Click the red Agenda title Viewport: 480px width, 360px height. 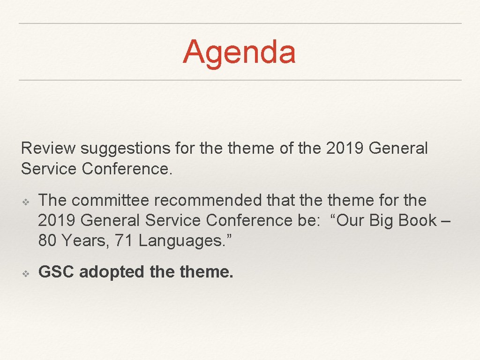click(x=239, y=52)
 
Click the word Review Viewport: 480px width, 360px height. click(x=48, y=149)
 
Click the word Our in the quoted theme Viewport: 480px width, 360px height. click(x=348, y=220)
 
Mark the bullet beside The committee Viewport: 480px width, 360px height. click(x=27, y=201)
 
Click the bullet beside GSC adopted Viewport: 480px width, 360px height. click(x=27, y=272)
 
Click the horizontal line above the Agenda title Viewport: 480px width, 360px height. click(x=240, y=23)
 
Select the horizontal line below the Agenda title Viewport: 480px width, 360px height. click(x=240, y=80)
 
